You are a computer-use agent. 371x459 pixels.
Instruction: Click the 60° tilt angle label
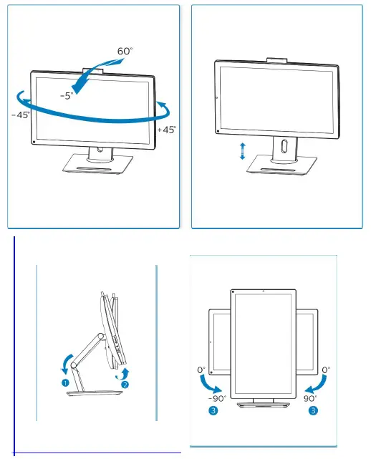125,52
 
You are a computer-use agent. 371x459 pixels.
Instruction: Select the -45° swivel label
21,115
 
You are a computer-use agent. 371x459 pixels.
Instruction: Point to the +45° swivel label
166,130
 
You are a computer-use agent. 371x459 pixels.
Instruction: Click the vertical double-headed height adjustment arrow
243,150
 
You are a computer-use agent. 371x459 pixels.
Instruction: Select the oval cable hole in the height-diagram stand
284,147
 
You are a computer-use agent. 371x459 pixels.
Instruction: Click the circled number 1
64,383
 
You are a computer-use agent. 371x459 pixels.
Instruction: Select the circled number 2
125,384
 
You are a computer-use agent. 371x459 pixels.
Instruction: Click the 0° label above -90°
201,371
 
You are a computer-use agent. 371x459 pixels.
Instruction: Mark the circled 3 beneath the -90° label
214,411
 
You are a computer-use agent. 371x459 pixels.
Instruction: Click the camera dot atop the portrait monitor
264,291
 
